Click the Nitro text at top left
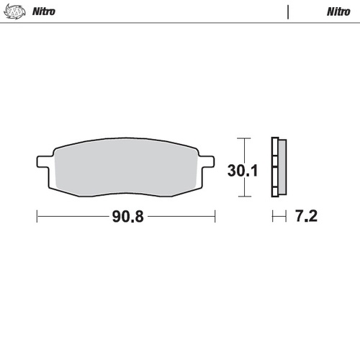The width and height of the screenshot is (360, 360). (45, 12)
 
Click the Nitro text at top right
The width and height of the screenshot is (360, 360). (338, 12)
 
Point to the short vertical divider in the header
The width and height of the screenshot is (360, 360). (289, 12)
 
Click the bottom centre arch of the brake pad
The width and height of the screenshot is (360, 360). (127, 194)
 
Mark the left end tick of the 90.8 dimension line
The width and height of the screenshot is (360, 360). (37, 215)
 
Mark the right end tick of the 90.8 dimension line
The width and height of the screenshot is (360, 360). (215, 215)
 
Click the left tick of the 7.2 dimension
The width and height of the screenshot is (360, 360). (271, 215)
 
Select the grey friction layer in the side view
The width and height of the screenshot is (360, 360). (282, 167)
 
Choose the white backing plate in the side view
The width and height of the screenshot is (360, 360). (274, 167)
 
